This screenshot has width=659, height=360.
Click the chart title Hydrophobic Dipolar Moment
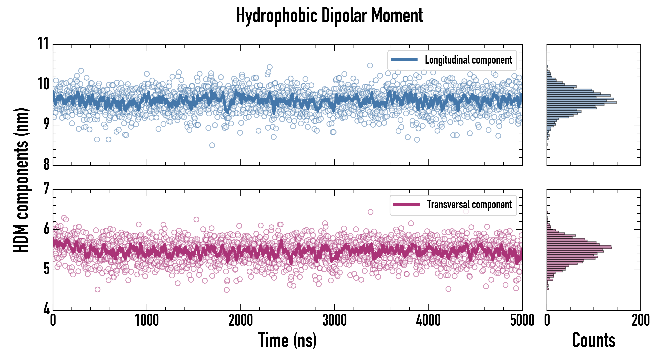pos(329,16)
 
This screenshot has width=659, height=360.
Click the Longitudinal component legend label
pos(468,60)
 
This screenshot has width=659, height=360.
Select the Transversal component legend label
pos(469,204)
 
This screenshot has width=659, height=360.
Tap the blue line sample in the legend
pos(404,60)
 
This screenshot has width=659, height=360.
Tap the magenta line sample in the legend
pos(406,204)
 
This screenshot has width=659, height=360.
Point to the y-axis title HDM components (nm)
pos(22,180)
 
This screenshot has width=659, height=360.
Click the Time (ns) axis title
pos(287,340)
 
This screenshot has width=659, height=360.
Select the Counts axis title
pos(593,340)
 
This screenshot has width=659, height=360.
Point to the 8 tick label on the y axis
pos(46,164)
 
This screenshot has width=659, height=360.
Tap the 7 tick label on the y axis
pos(46,189)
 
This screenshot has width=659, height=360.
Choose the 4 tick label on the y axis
pos(46,309)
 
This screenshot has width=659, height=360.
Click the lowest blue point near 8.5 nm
pos(212,145)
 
